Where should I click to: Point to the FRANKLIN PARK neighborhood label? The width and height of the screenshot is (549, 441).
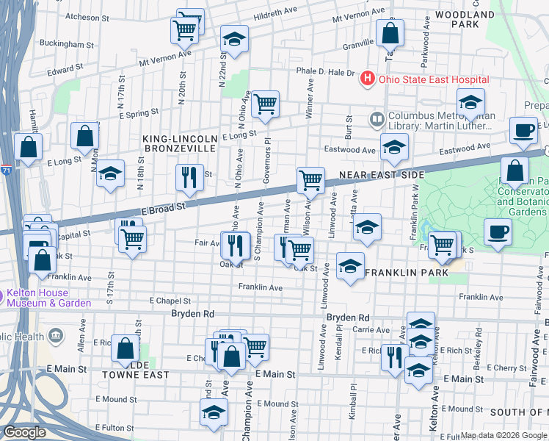[406, 273]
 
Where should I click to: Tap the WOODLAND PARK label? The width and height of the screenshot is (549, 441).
[465, 19]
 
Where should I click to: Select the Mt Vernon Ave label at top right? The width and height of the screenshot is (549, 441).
[357, 17]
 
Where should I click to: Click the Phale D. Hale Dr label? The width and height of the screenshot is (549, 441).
[325, 73]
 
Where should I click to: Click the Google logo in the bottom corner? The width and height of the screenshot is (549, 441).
[24, 432]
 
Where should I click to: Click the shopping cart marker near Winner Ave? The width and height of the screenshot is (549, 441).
[265, 104]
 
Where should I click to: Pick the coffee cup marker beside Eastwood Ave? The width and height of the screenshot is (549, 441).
[523, 130]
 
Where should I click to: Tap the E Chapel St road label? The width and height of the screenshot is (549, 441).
[170, 301]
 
